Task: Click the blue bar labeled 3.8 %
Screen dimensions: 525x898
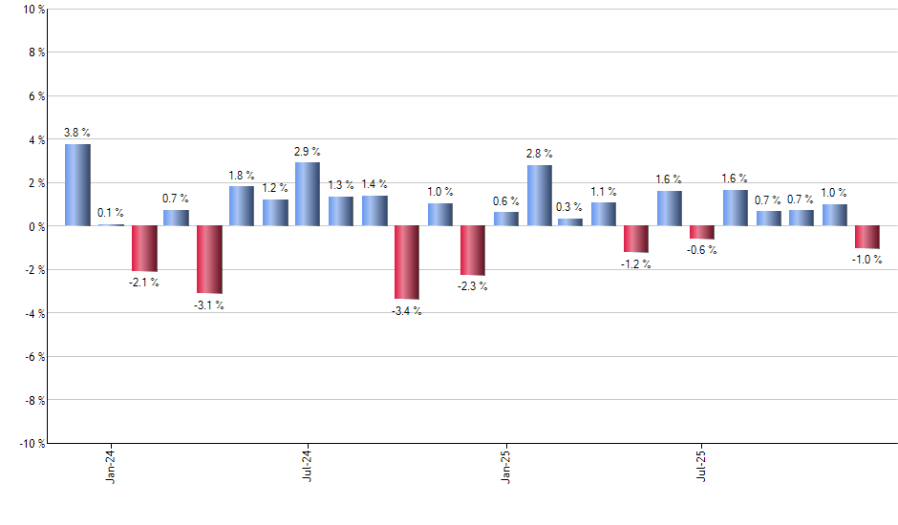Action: click(77, 184)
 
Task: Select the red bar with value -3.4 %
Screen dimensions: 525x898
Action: click(407, 262)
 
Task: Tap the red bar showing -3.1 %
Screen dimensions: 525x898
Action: click(209, 260)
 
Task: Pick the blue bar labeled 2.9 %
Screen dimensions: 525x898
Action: click(308, 194)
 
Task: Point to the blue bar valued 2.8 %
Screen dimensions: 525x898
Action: click(539, 195)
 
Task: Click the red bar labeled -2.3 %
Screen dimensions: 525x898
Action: click(473, 250)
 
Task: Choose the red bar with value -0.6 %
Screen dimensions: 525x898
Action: click(702, 232)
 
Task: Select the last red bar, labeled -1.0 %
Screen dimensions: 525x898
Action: click(867, 237)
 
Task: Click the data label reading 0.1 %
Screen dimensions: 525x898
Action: click(111, 213)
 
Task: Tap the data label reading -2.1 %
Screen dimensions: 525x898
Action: click(144, 283)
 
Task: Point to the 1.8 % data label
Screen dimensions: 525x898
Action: click(242, 175)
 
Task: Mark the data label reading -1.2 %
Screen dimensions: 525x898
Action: click(636, 263)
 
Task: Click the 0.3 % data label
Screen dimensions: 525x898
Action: click(570, 207)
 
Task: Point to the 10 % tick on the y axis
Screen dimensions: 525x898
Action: click(32, 10)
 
